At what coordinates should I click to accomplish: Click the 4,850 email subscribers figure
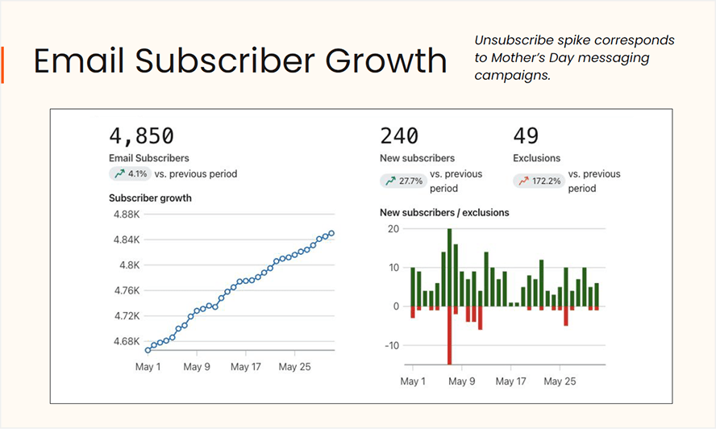(x=141, y=135)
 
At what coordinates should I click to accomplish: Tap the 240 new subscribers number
(x=399, y=135)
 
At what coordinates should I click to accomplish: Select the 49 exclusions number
(x=526, y=135)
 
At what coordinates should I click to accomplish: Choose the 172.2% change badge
(x=537, y=181)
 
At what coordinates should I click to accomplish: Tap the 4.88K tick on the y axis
(x=127, y=214)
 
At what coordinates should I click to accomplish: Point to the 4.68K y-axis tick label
(x=127, y=341)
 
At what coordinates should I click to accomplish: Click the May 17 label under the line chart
(x=245, y=366)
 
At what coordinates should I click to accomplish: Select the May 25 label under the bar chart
(x=560, y=381)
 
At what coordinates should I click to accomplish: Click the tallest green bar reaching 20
(x=449, y=267)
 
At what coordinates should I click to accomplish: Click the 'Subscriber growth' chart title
(x=150, y=198)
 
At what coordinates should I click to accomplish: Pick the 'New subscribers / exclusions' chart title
(x=444, y=213)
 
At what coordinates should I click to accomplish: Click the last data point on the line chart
(x=331, y=234)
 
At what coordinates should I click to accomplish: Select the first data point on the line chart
(x=148, y=350)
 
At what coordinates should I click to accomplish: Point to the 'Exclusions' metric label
(x=536, y=158)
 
